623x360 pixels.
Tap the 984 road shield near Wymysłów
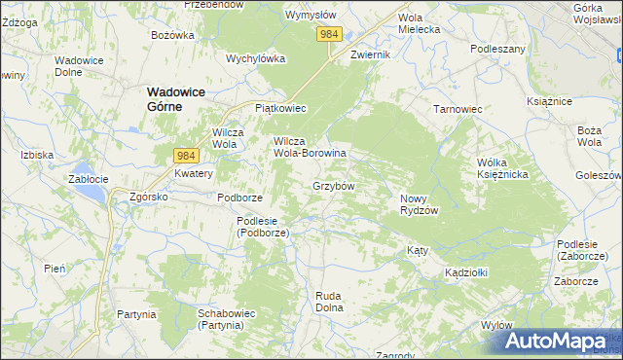click(x=330, y=35)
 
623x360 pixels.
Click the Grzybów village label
click(x=333, y=185)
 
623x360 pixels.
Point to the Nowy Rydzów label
click(x=420, y=204)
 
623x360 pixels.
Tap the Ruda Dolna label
click(x=331, y=301)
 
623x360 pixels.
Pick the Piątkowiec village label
click(x=279, y=108)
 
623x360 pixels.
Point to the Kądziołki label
click(x=466, y=272)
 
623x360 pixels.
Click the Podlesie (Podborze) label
click(x=262, y=227)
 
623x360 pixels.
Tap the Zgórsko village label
click(x=149, y=197)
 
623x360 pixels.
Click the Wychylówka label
click(x=255, y=57)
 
